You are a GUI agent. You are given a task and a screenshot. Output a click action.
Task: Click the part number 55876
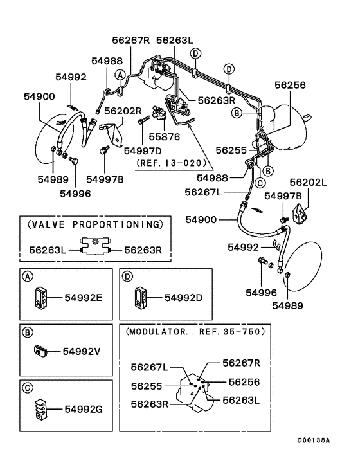click(165, 137)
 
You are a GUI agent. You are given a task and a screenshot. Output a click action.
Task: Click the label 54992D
click(184, 297)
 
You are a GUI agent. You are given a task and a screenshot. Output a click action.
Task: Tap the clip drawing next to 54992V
click(39, 351)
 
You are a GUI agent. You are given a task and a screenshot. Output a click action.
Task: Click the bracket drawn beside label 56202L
click(300, 213)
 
